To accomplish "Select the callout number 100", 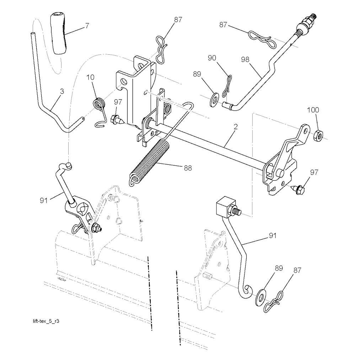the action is click(313, 110).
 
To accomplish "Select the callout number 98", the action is click(245, 60).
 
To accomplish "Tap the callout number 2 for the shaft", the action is click(236, 126).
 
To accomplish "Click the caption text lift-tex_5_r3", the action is click(46, 321).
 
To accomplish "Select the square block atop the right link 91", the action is click(225, 206).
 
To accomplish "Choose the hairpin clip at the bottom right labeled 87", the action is click(274, 302).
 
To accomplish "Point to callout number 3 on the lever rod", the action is click(62, 92).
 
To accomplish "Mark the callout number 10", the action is click(91, 77).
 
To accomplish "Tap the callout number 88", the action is click(188, 168).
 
